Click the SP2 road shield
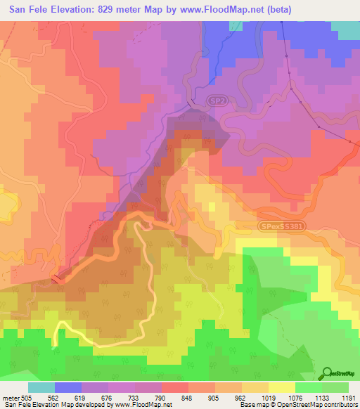[218, 103]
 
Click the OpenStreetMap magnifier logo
[328, 372]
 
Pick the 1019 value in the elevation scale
[268, 397]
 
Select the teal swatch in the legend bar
[41, 387]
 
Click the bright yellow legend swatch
[281, 387]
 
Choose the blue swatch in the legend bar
[68, 387]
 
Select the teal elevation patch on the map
[345, 30]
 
